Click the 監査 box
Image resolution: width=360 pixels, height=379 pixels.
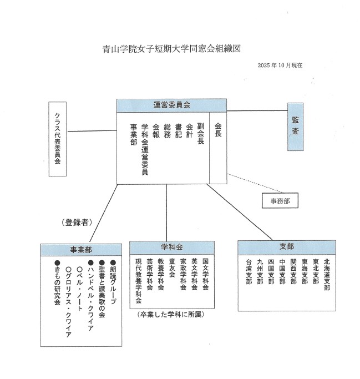click(296, 127)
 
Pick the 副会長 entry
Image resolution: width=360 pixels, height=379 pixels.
click(200, 133)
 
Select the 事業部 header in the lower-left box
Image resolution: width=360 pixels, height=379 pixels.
click(80, 249)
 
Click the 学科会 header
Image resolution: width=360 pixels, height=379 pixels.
click(172, 246)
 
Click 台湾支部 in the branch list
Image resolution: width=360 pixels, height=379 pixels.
click(249, 272)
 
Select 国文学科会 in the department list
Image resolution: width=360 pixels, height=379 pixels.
click(205, 275)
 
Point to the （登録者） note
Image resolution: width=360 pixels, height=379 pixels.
click(77, 223)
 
